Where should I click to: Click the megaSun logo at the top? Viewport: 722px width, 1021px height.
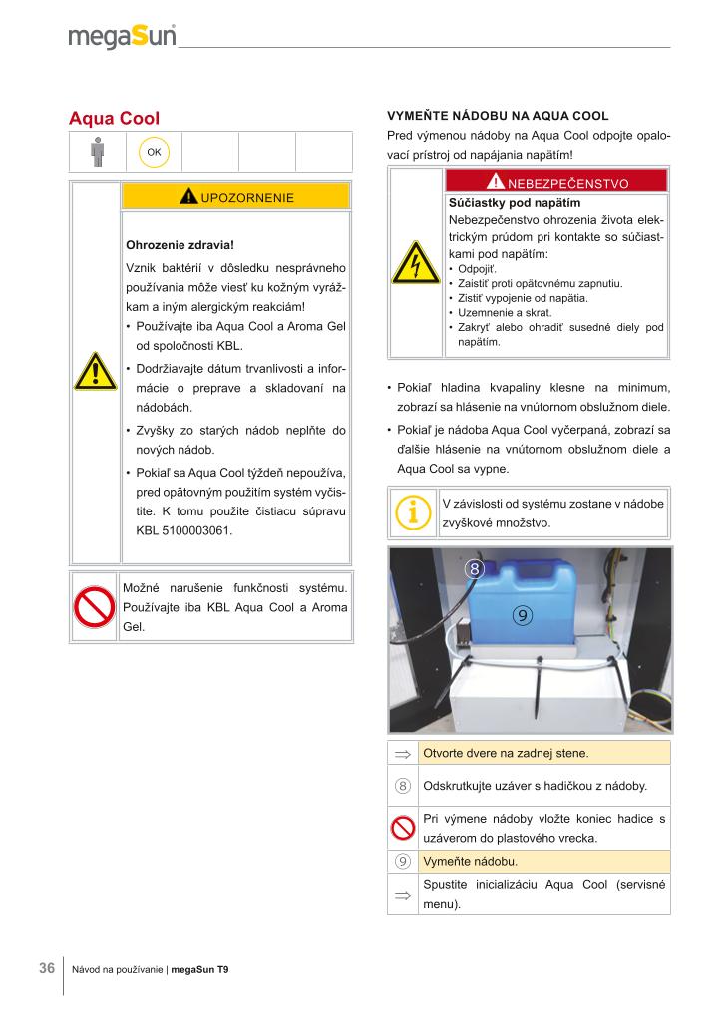[122, 38]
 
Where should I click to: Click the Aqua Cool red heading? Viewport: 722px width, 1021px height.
[114, 119]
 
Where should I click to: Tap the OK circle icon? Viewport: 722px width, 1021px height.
[154, 152]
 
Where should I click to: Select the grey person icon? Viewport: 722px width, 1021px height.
[97, 152]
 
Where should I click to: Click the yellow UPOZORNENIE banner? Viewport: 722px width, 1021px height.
[236, 196]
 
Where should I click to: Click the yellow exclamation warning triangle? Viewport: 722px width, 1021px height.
[96, 373]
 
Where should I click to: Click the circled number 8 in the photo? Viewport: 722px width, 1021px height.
[475, 570]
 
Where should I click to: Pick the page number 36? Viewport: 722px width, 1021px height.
[46, 968]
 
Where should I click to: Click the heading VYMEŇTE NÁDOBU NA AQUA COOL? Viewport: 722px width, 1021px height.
[497, 117]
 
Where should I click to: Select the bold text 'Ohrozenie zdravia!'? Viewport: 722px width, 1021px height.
[179, 244]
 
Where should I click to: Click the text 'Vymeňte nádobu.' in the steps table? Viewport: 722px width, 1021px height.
[470, 861]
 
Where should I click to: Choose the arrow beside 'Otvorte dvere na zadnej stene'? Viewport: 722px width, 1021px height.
[403, 753]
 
